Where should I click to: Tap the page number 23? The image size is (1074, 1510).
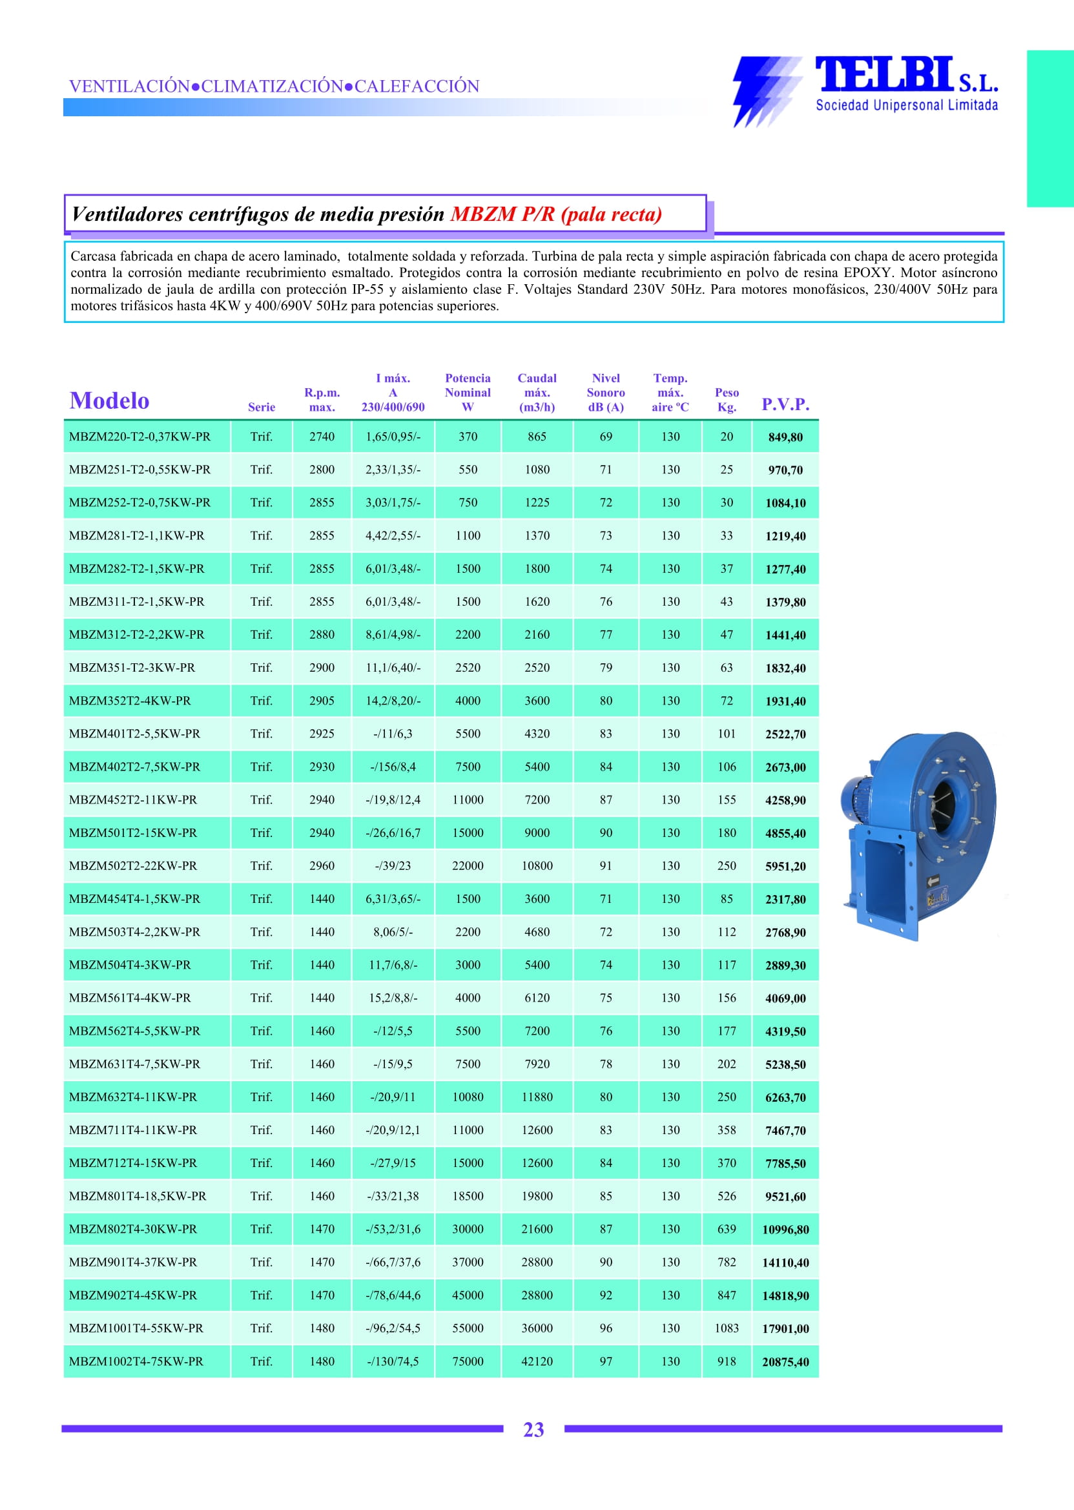tap(533, 1429)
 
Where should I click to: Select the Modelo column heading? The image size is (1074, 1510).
tap(109, 401)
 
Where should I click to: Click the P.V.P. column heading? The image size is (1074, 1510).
tap(785, 404)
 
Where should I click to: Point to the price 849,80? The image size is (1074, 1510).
tap(785, 437)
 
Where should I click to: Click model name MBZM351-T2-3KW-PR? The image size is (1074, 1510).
tap(132, 667)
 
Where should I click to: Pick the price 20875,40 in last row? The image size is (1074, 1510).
tap(785, 1362)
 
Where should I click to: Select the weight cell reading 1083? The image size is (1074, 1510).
tap(726, 1328)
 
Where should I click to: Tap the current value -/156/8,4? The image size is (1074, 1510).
tap(393, 767)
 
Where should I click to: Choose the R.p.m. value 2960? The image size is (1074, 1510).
tap(322, 866)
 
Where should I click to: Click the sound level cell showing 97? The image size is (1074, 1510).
tap(605, 1361)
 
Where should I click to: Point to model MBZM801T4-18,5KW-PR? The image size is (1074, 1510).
tap(138, 1196)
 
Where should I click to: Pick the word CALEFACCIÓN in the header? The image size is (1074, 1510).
tap(417, 86)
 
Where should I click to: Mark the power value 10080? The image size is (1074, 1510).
tap(468, 1097)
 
